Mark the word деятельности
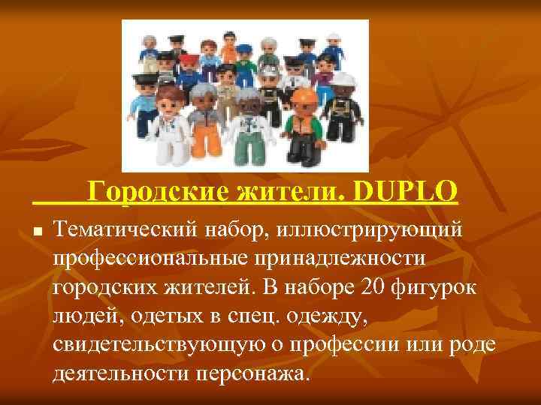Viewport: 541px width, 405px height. click(x=125, y=372)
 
